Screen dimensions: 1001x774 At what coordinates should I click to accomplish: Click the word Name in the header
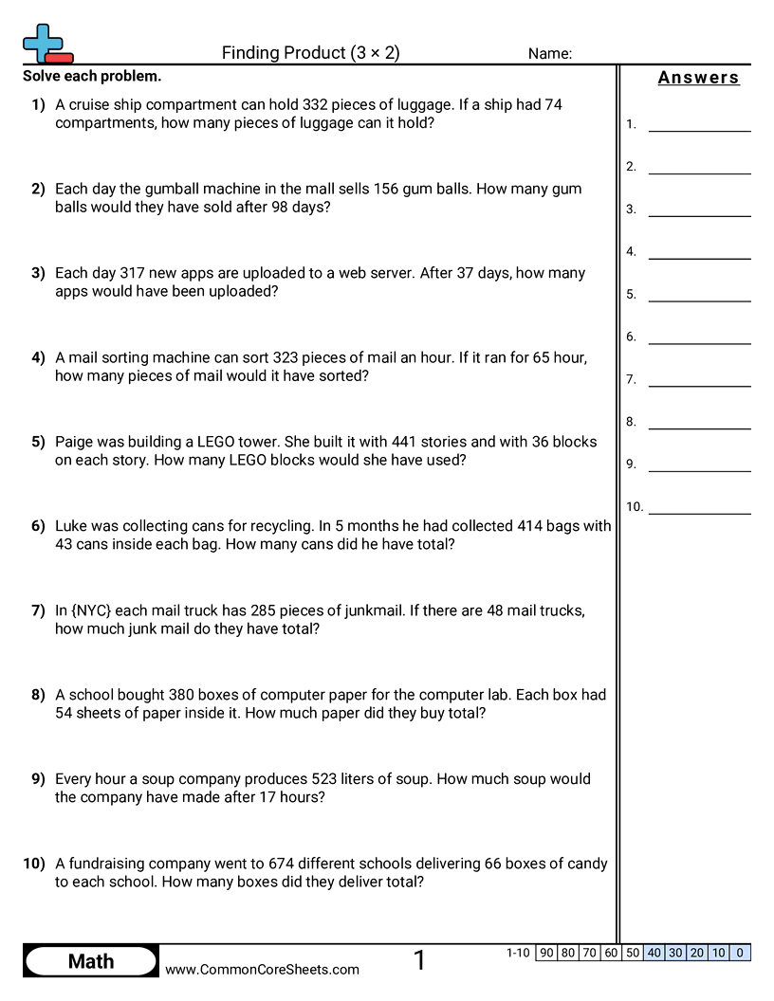(x=548, y=54)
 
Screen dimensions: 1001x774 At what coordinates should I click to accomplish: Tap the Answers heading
(x=698, y=78)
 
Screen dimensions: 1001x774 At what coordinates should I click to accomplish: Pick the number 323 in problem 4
(x=286, y=357)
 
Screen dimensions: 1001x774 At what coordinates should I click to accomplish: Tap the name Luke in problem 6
(x=73, y=526)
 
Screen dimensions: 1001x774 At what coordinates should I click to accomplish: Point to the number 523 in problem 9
(x=325, y=779)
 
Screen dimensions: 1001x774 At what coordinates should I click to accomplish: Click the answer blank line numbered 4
(x=699, y=257)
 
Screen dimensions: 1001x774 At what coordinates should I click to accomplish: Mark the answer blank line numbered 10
(x=699, y=512)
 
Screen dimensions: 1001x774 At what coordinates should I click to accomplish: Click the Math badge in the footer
(x=91, y=961)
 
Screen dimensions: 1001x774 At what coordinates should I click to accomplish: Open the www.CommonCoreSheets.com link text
(x=262, y=970)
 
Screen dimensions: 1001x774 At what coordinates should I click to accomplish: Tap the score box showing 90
(x=546, y=953)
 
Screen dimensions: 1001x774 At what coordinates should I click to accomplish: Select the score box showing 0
(x=740, y=953)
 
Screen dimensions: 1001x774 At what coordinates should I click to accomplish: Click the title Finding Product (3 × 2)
(x=311, y=53)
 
